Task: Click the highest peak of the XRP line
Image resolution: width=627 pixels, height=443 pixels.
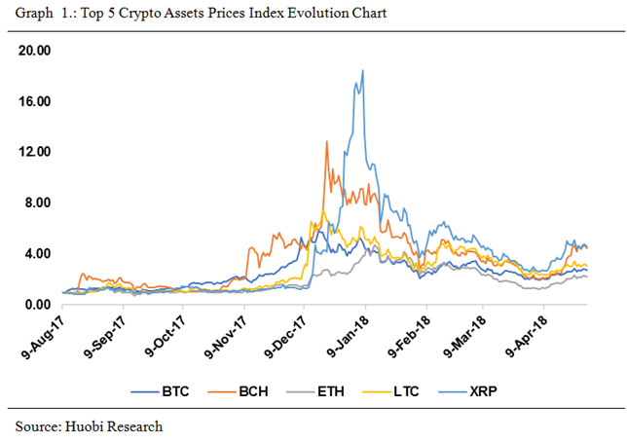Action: pyautogui.click(x=362, y=70)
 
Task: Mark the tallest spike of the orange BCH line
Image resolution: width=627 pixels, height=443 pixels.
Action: pyautogui.click(x=326, y=142)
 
